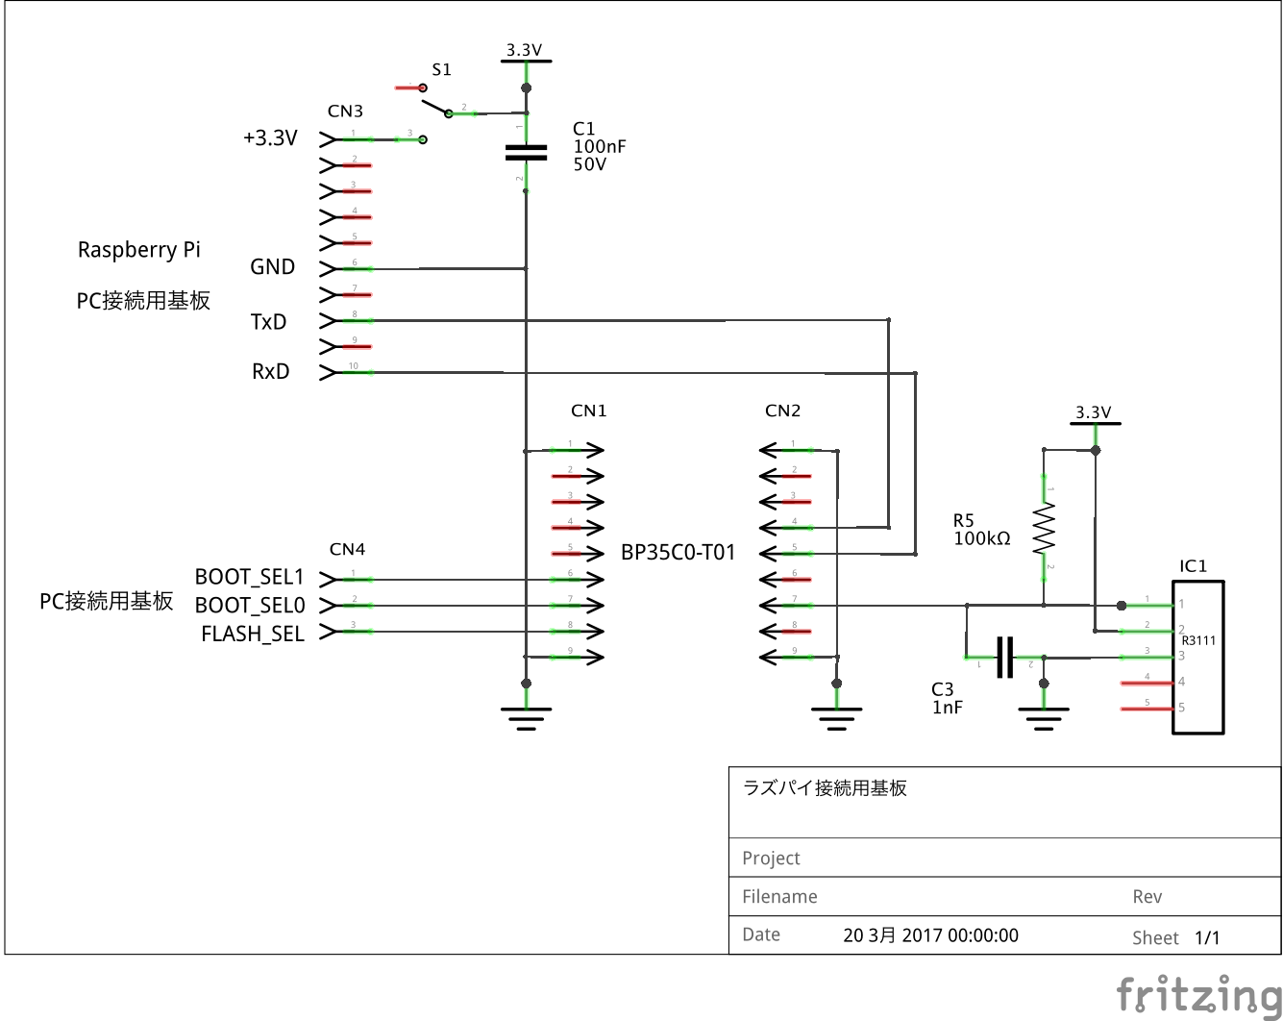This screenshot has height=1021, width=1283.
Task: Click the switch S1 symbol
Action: (435, 102)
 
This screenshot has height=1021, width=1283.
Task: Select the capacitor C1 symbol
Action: (526, 152)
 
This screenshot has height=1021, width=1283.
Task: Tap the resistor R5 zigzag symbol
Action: (1044, 530)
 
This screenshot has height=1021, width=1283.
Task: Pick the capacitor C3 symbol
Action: (1005, 658)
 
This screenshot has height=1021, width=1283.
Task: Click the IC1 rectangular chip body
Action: (1198, 658)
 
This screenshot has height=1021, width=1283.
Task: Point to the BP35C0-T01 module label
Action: (678, 553)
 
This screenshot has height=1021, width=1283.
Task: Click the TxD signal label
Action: (268, 322)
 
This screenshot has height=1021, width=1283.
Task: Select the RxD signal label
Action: (270, 372)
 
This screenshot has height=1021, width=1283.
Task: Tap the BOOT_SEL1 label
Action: (249, 577)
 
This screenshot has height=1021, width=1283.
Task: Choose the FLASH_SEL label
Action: (252, 635)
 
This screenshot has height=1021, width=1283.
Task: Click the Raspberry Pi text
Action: (138, 250)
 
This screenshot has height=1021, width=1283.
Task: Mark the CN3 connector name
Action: (345, 112)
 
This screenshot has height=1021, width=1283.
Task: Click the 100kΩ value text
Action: (981, 539)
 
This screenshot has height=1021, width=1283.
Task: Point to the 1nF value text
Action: (947, 708)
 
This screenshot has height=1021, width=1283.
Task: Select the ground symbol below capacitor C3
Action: (1044, 717)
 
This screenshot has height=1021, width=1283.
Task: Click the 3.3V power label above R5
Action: (1093, 412)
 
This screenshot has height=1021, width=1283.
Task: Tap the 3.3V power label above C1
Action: (525, 50)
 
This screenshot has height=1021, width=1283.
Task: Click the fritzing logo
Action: (1197, 993)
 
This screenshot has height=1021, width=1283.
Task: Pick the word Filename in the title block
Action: (779, 897)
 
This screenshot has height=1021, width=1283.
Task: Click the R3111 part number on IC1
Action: (1198, 640)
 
